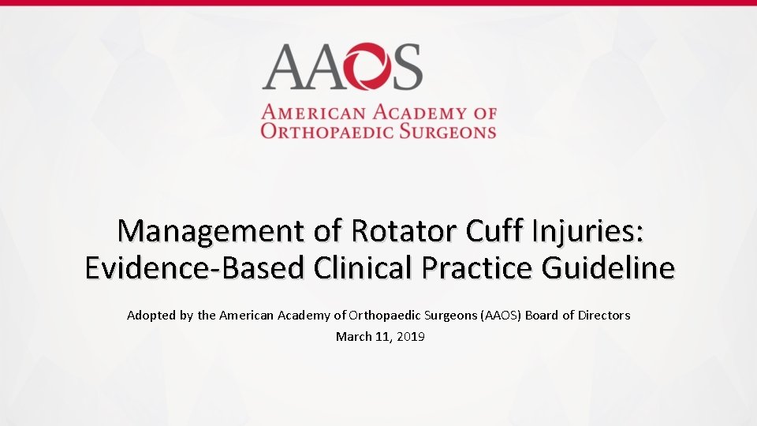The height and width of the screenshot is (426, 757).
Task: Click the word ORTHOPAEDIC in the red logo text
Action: (x=327, y=131)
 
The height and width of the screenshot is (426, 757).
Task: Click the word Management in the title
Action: (x=207, y=232)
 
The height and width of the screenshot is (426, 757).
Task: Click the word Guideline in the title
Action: (x=609, y=268)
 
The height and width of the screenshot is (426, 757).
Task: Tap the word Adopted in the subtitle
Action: (x=148, y=316)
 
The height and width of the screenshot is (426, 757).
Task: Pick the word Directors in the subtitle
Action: (x=603, y=316)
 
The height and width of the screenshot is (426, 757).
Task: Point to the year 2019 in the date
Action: (x=411, y=337)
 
